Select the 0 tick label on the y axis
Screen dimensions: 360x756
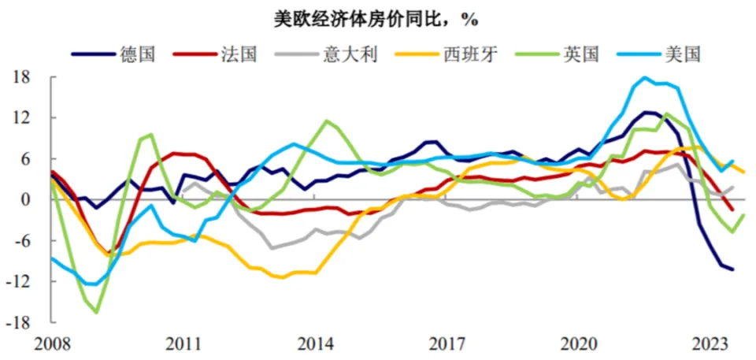point(26,200)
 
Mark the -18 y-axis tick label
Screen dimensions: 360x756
point(20,322)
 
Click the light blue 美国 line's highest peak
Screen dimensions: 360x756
point(645,78)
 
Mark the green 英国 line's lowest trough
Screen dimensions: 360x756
point(96,313)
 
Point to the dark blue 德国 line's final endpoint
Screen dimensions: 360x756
point(733,269)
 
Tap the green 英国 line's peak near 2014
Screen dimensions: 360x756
point(328,121)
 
